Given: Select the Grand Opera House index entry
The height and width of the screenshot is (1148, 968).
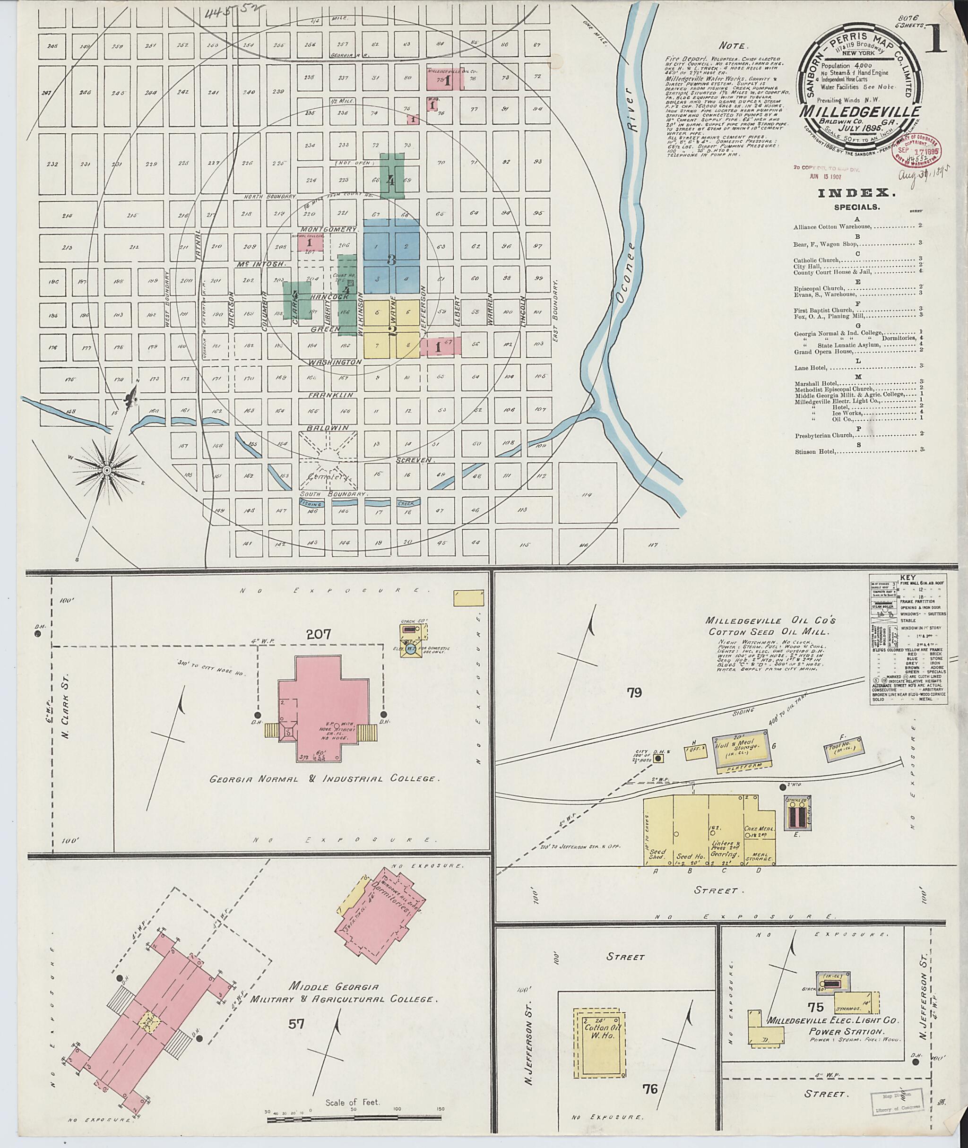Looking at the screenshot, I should click(821, 351).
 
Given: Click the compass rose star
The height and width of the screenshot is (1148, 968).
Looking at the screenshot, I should click(107, 470).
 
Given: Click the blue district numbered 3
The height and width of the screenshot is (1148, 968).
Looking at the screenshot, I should click(391, 259).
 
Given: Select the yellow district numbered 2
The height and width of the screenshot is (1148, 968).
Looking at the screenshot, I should click(392, 330).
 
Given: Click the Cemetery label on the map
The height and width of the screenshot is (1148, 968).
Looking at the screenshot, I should click(327, 477).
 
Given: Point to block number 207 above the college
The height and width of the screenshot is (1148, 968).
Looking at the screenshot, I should click(319, 634).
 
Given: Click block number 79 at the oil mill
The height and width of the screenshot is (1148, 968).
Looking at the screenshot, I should click(634, 692).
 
